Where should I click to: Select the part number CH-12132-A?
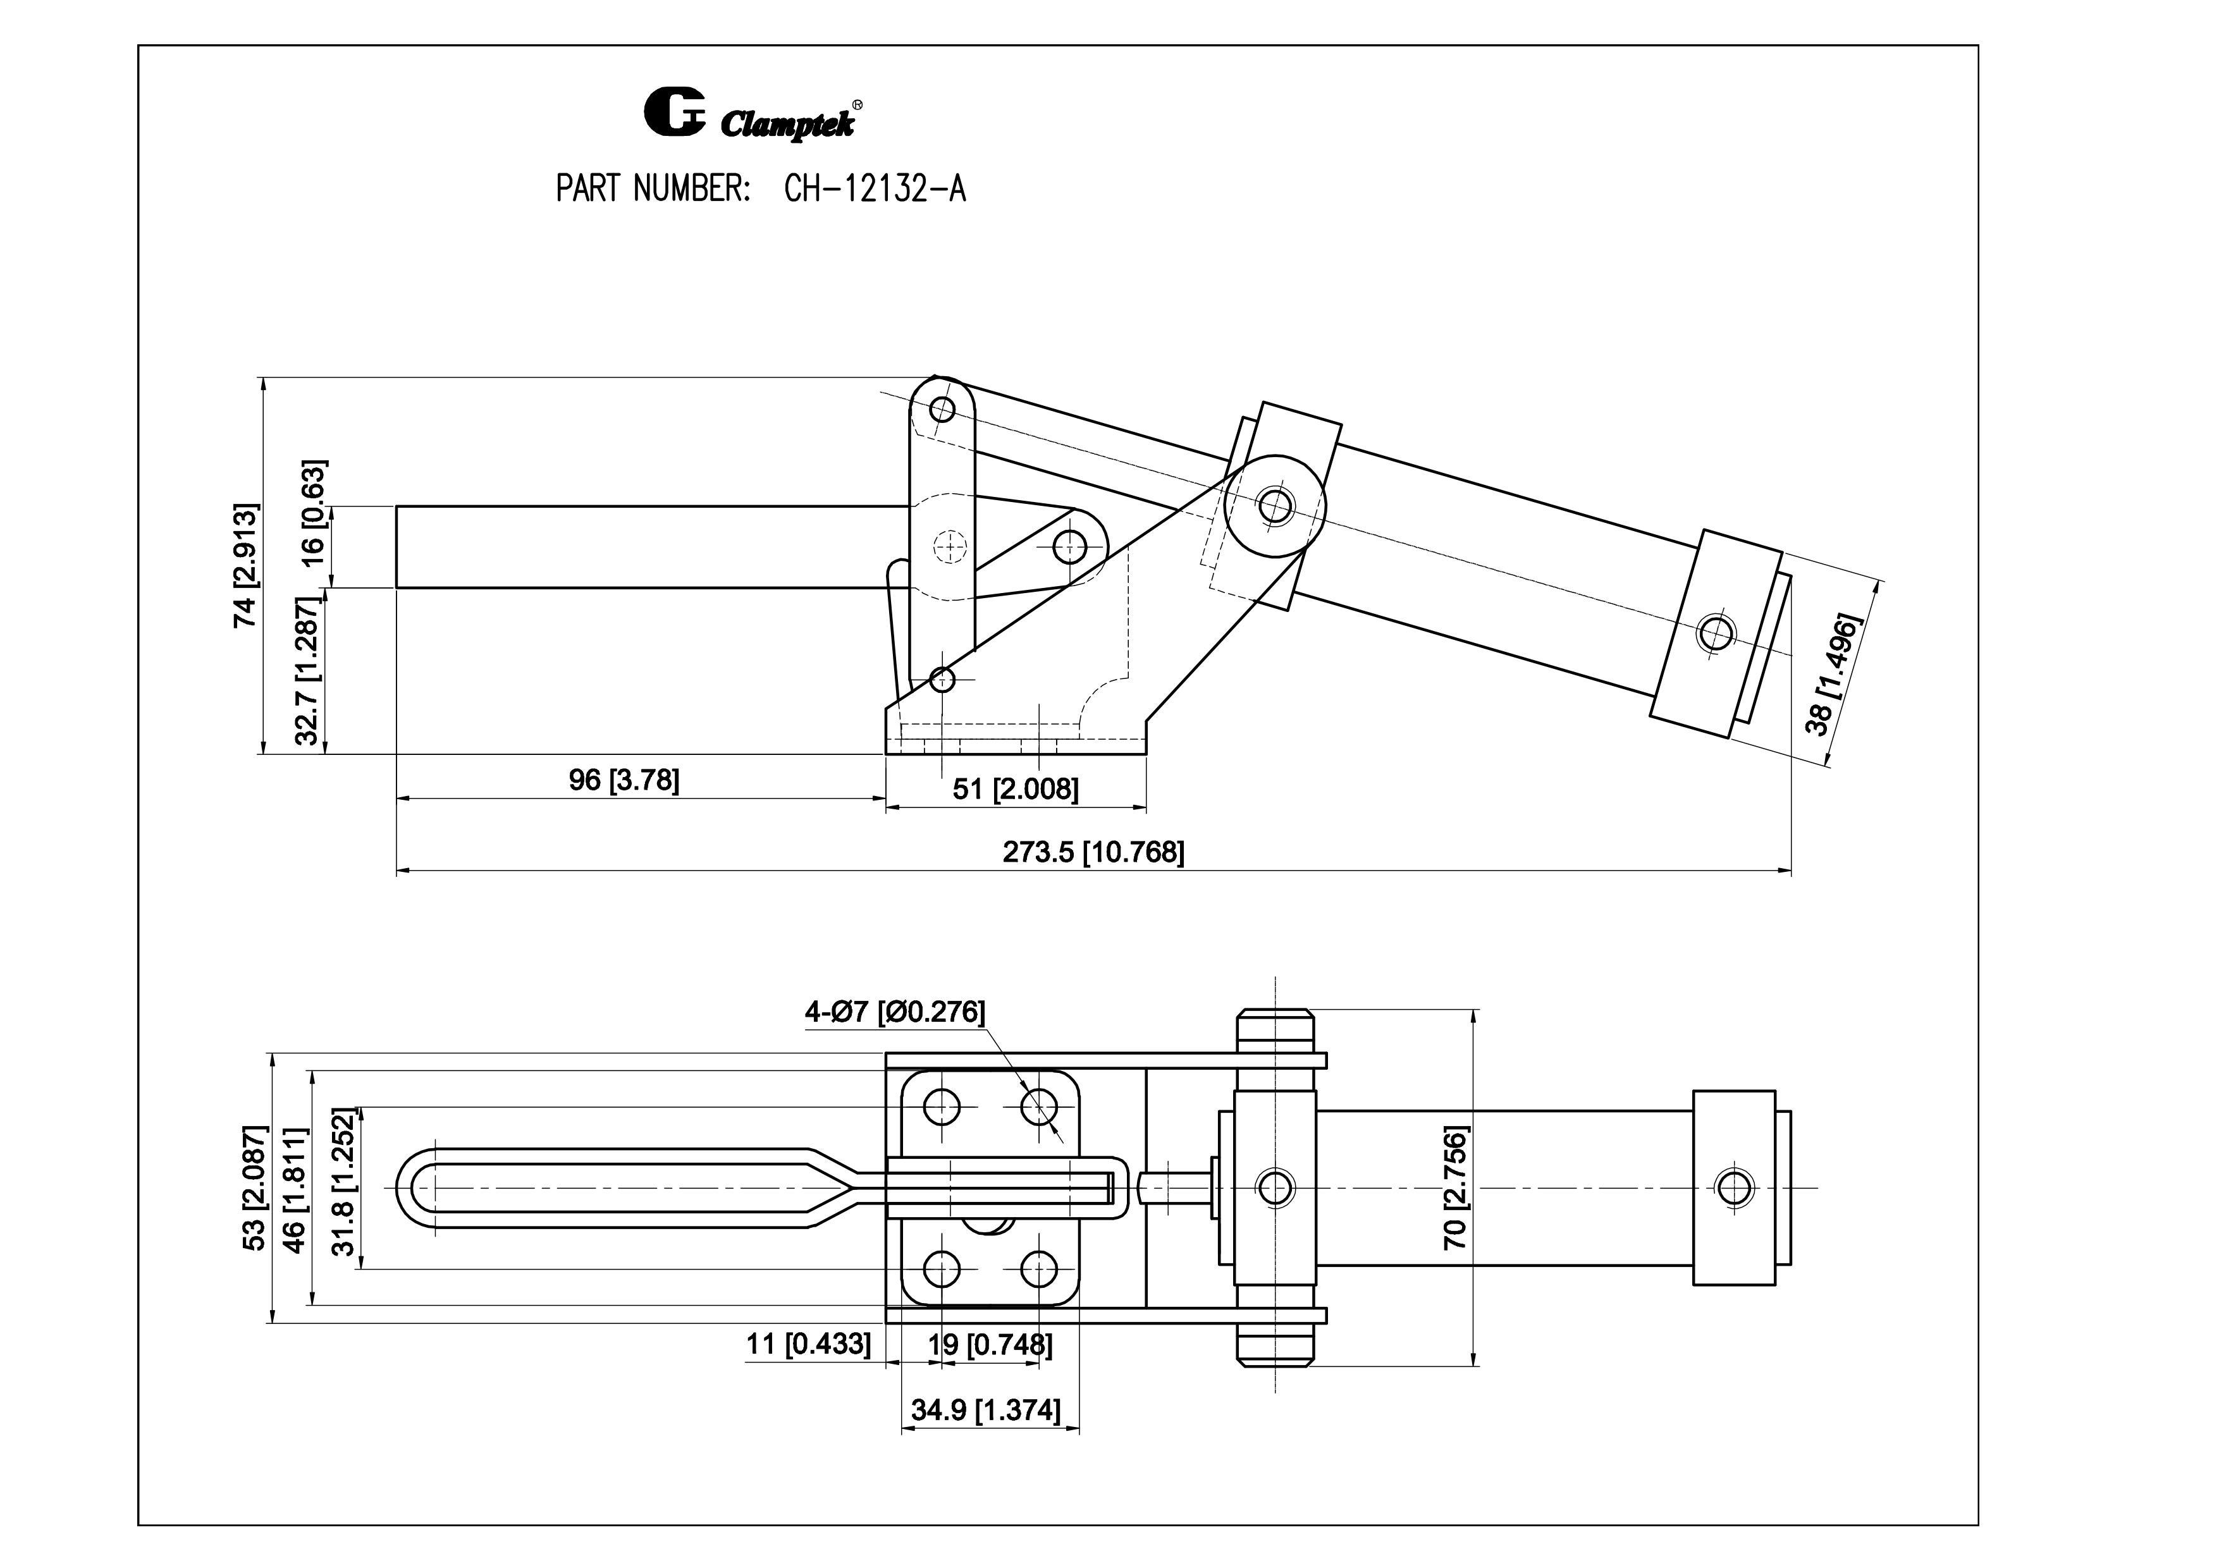pyautogui.click(x=875, y=189)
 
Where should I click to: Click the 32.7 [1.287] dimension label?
pyautogui.click(x=307, y=671)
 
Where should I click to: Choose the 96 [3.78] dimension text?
pyautogui.click(x=624, y=780)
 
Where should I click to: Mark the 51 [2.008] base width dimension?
pyautogui.click(x=1015, y=789)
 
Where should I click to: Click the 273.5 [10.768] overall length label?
pyautogui.click(x=1092, y=852)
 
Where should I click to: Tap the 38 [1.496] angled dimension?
pyautogui.click(x=1831, y=673)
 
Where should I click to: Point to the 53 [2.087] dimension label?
pyautogui.click(x=254, y=1188)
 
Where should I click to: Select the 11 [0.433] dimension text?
pyautogui.click(x=808, y=1344)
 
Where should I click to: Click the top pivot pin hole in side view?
pyautogui.click(x=942, y=408)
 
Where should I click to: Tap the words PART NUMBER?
pyautogui.click(x=653, y=189)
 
